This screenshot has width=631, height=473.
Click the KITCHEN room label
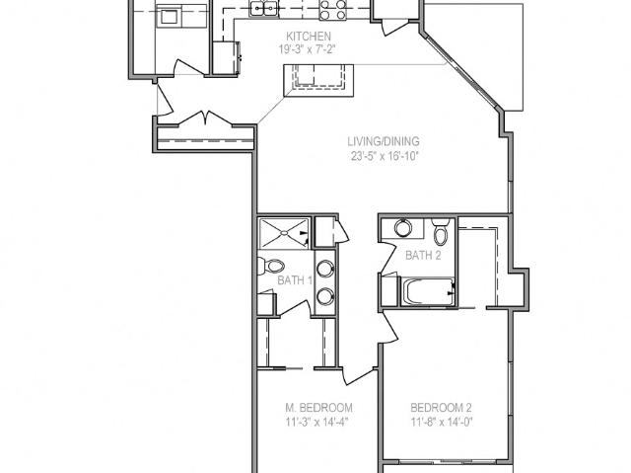tap(309, 37)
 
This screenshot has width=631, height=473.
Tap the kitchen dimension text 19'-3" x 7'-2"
tap(308, 49)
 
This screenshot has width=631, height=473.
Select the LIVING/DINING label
tap(384, 141)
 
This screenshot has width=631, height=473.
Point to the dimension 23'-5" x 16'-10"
tap(386, 156)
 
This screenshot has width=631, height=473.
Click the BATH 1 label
tap(295, 280)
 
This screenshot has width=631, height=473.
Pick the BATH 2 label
tap(423, 255)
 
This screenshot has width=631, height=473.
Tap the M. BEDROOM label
tap(318, 408)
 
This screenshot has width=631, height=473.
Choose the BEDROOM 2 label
tap(441, 408)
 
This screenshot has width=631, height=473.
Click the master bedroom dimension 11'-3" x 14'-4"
tap(316, 423)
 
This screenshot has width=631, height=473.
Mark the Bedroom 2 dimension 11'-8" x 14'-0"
tap(442, 423)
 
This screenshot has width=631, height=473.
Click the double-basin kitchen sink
tap(263, 8)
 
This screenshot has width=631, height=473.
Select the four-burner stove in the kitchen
tap(333, 10)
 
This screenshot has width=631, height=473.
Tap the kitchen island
tap(318, 80)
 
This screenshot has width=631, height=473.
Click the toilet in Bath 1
tap(271, 266)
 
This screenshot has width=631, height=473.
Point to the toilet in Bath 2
tap(441, 232)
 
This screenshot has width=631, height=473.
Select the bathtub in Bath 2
tap(427, 291)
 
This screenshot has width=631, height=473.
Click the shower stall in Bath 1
tap(284, 233)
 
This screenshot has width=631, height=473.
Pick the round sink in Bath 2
tap(403, 228)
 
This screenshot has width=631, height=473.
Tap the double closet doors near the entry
tap(205, 118)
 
